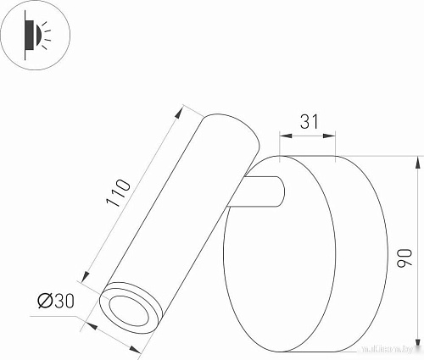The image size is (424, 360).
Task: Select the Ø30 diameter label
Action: [x=54, y=300]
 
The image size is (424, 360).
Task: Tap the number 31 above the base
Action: [x=310, y=122]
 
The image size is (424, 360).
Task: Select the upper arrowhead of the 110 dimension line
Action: [x=181, y=108]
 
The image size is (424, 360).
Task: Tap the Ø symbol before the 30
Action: [x=43, y=300]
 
